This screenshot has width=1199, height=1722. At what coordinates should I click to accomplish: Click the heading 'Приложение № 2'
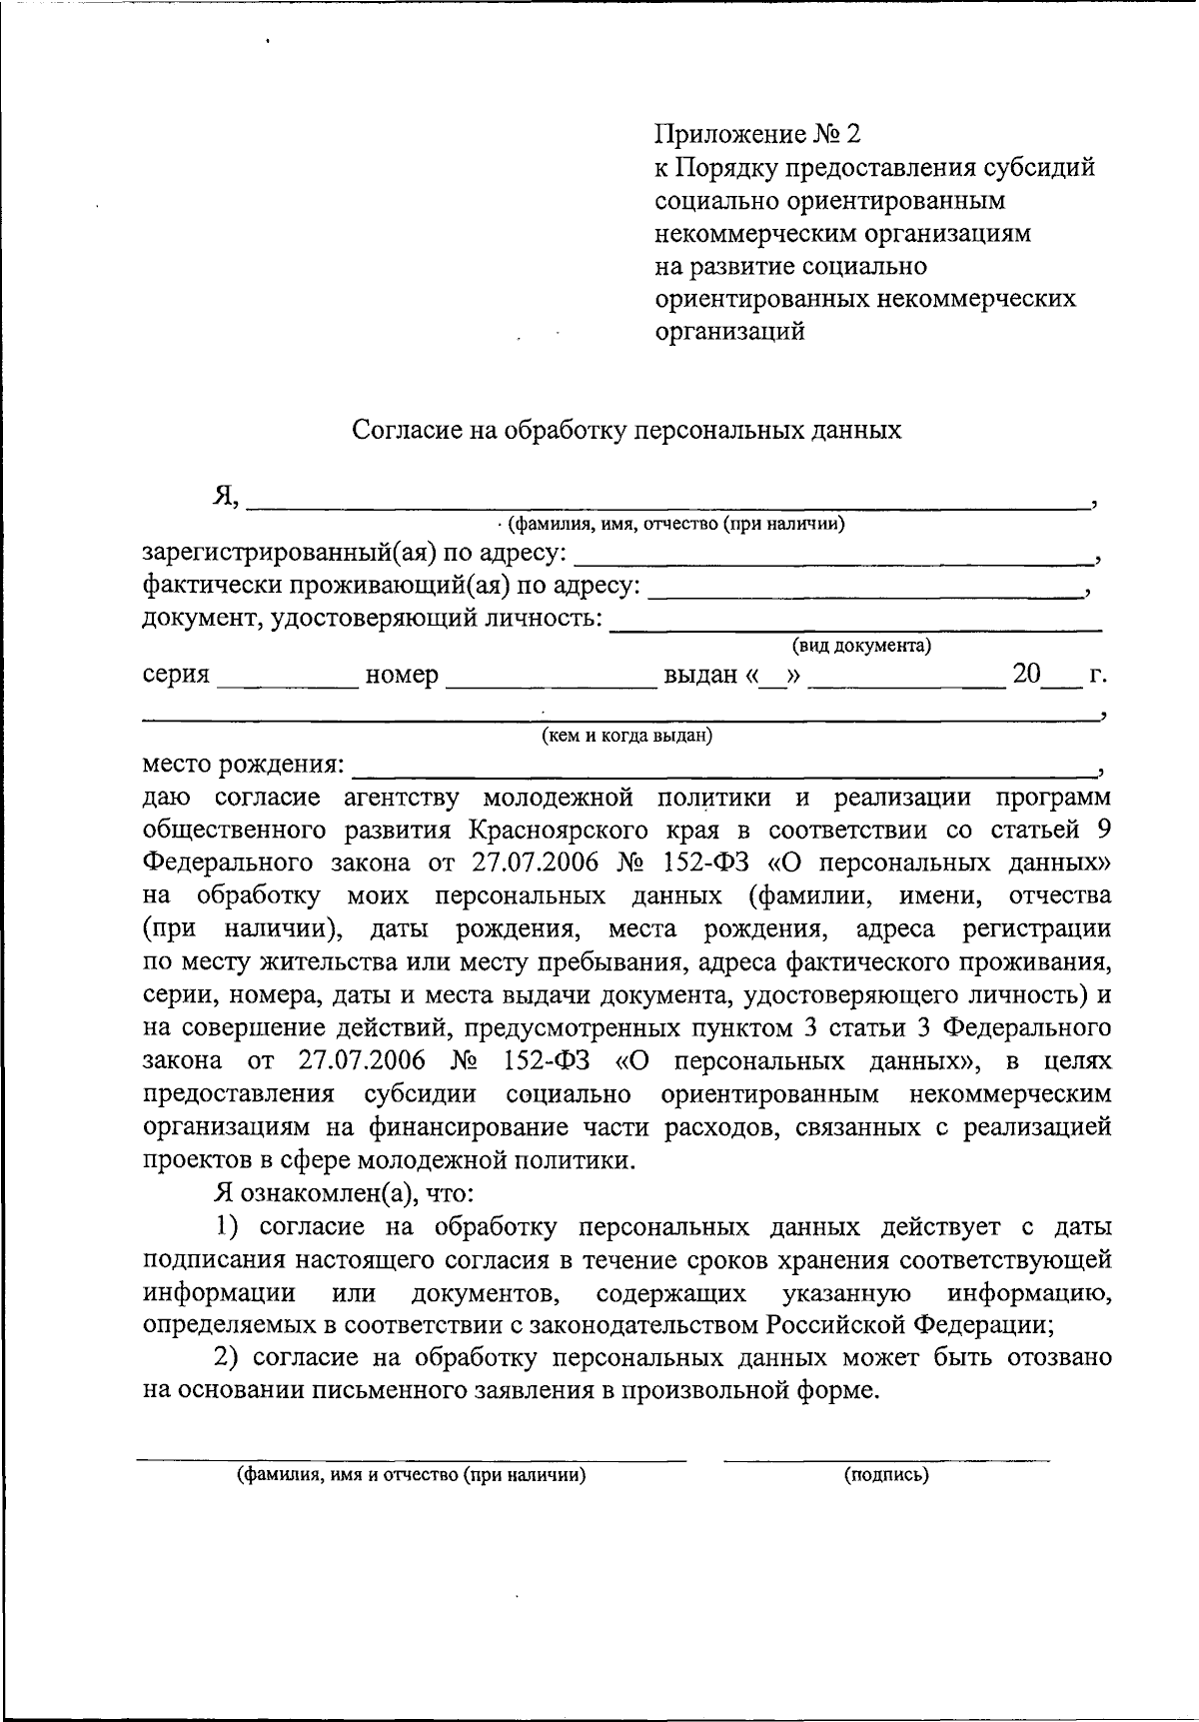click(756, 134)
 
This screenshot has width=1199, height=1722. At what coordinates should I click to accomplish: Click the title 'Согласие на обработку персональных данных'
click(626, 430)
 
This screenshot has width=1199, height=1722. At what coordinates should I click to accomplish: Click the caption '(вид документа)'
click(861, 647)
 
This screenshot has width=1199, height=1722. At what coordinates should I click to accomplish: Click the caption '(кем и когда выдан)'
click(626, 737)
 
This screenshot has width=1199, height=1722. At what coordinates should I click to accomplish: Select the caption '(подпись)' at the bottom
click(886, 1475)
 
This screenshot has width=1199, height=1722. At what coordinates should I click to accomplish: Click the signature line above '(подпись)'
click(886, 1460)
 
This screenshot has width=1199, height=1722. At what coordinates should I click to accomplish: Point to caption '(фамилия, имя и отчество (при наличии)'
click(411, 1475)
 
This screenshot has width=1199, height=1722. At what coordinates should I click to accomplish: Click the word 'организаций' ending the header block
click(729, 331)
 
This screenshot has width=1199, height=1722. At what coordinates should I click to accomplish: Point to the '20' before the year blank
click(1026, 674)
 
